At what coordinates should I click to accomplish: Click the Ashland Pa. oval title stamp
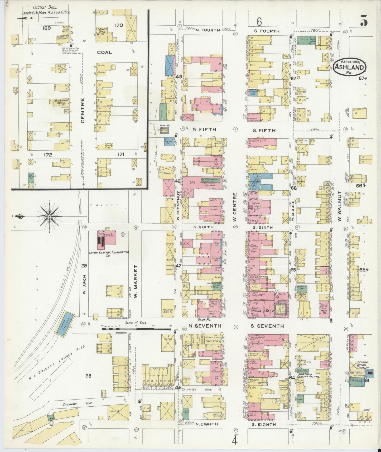tap(350, 68)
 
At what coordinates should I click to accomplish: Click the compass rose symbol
tap(49, 217)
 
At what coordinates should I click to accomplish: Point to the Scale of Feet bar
tap(137, 329)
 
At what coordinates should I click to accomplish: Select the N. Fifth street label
tap(204, 129)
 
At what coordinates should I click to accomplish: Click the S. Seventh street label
tap(267, 326)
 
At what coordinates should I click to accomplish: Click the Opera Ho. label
tap(261, 311)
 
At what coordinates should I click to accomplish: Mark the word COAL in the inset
tap(105, 52)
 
